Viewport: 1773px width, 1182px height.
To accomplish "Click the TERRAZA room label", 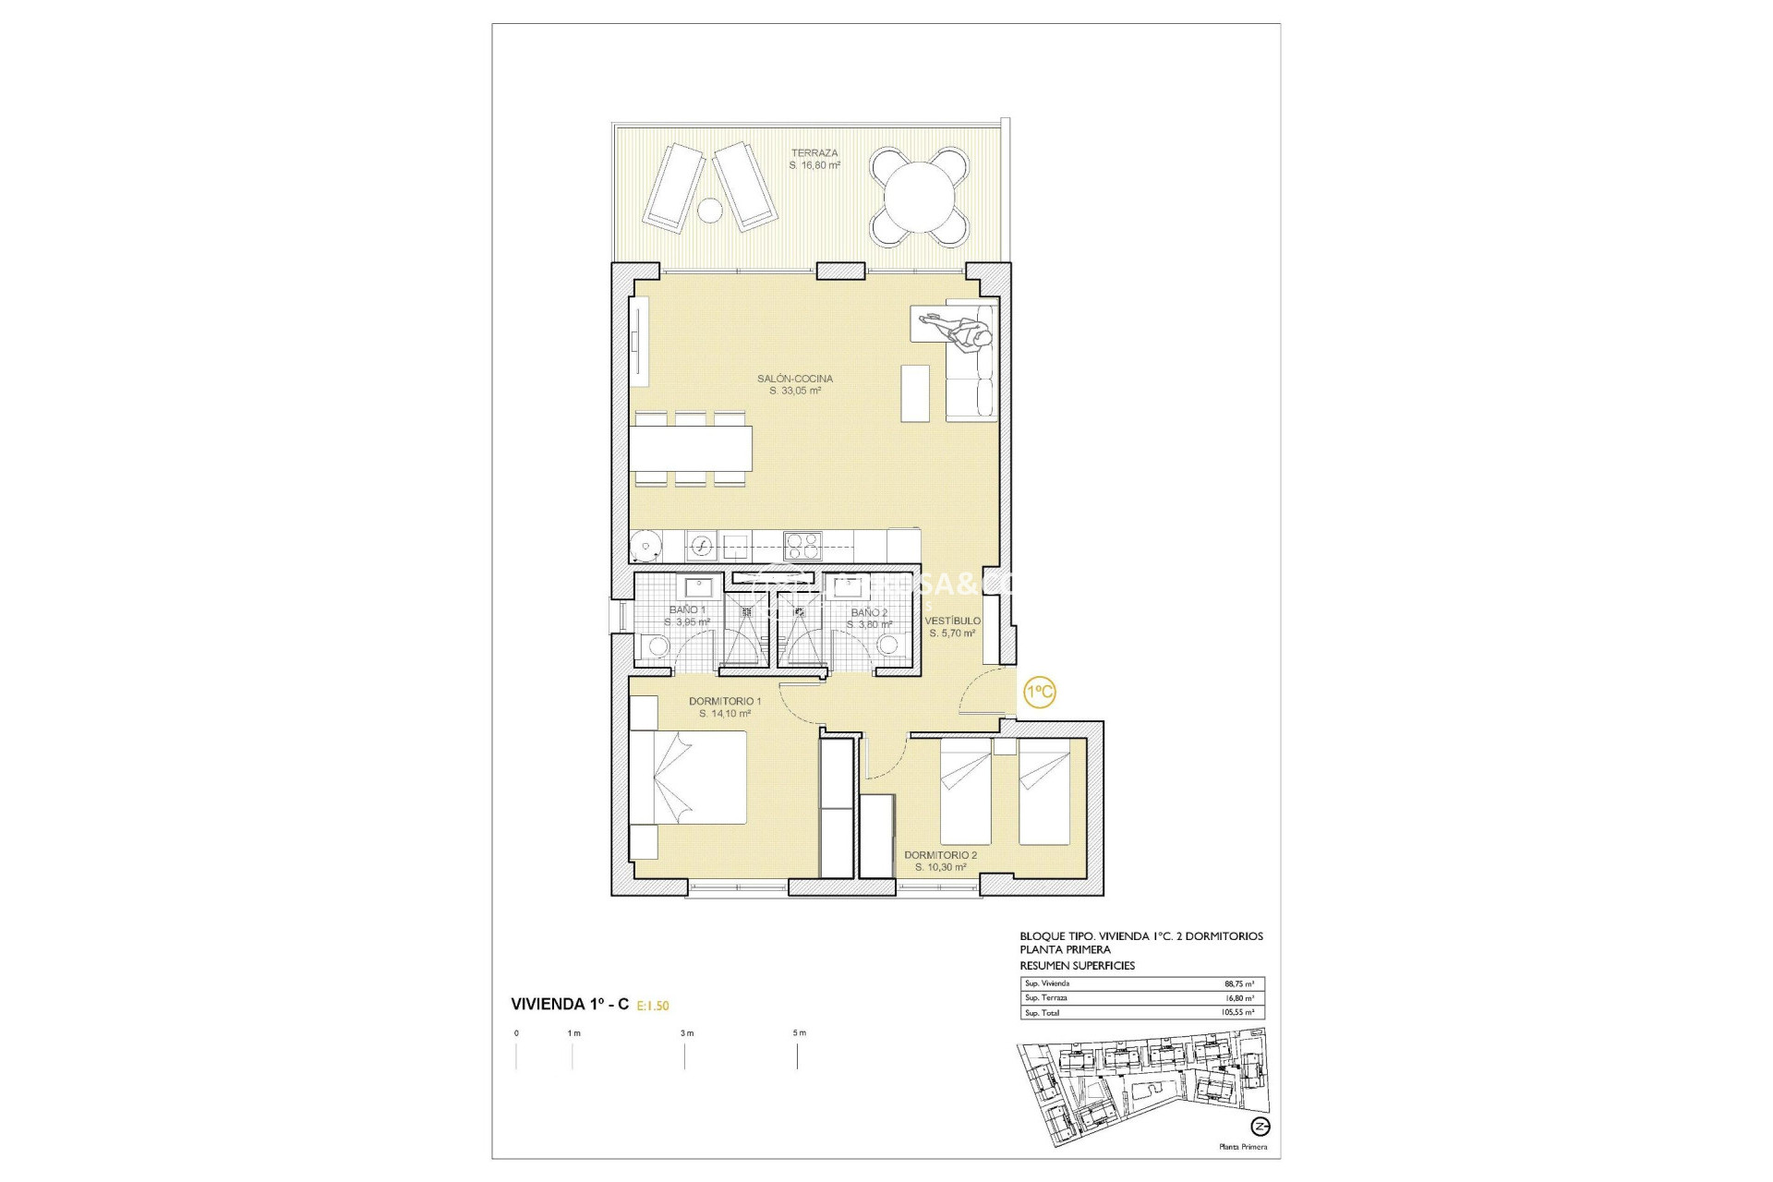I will pyautogui.click(x=814, y=153).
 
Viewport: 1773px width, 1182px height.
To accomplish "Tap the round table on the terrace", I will pyautogui.click(x=920, y=198).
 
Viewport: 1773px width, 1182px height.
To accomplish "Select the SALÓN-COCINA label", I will pyautogui.click(x=795, y=379).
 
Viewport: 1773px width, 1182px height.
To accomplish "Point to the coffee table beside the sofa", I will pyautogui.click(x=915, y=392).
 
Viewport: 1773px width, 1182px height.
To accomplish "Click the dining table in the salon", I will pyautogui.click(x=693, y=448).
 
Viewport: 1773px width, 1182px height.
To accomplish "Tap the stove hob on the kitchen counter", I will pyautogui.click(x=802, y=545).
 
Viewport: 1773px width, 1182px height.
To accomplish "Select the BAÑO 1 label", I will pyautogui.click(x=687, y=610).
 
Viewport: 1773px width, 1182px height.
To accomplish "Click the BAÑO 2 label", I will pyautogui.click(x=869, y=613).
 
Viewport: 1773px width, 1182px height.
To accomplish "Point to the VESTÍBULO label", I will pyautogui.click(x=953, y=621).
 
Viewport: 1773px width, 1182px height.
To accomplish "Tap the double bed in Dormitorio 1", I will pyautogui.click(x=688, y=777).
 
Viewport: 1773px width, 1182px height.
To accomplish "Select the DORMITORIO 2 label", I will pyautogui.click(x=940, y=855).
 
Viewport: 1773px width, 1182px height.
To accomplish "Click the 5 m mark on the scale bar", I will pyautogui.click(x=799, y=1033).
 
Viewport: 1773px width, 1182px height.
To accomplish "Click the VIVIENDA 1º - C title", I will pyautogui.click(x=570, y=1005).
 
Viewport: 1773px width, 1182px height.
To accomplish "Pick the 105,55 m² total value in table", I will pyautogui.click(x=1236, y=1013).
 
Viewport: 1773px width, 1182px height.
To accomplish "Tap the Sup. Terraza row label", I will pyautogui.click(x=1045, y=998).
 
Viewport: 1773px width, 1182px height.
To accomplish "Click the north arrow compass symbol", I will pyautogui.click(x=1260, y=1127).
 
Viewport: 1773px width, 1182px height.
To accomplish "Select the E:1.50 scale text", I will pyautogui.click(x=653, y=1006).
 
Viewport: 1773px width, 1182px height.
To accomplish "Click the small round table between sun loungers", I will pyautogui.click(x=709, y=211).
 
